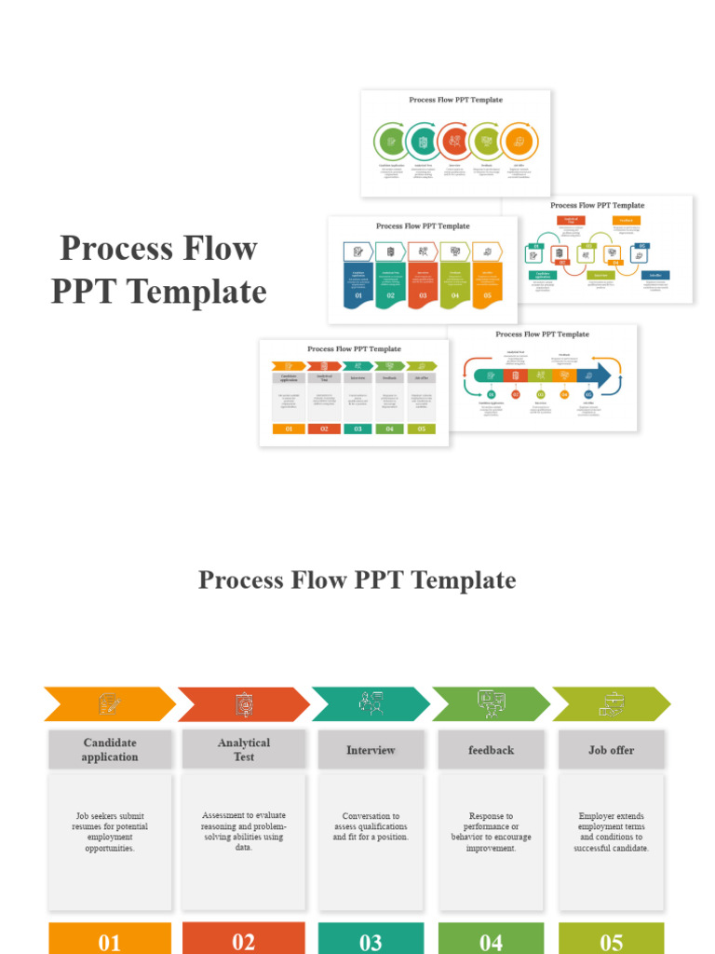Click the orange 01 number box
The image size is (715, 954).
coord(110,939)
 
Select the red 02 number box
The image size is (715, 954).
coord(243,939)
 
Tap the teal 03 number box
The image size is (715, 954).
coord(371,939)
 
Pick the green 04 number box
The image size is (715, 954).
coord(491,939)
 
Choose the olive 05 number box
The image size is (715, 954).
coord(612,939)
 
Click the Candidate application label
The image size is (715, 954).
coord(110,750)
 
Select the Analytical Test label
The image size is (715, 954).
coord(243,750)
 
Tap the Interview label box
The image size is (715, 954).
coord(371,750)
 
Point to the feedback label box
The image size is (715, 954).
coord(491,750)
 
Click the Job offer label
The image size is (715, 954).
coord(612,750)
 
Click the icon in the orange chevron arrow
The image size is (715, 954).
coord(109,704)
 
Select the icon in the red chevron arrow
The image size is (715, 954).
coord(242,704)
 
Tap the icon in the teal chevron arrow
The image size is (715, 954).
coord(371,704)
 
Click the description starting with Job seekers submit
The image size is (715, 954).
coord(110,832)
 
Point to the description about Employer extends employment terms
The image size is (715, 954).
coord(612,832)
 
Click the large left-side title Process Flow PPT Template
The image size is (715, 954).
coord(158,270)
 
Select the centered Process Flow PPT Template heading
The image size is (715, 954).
coord(357,580)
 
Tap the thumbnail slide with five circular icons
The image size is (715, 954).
coord(455,143)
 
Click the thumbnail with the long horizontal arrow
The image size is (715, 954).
coord(543,377)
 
